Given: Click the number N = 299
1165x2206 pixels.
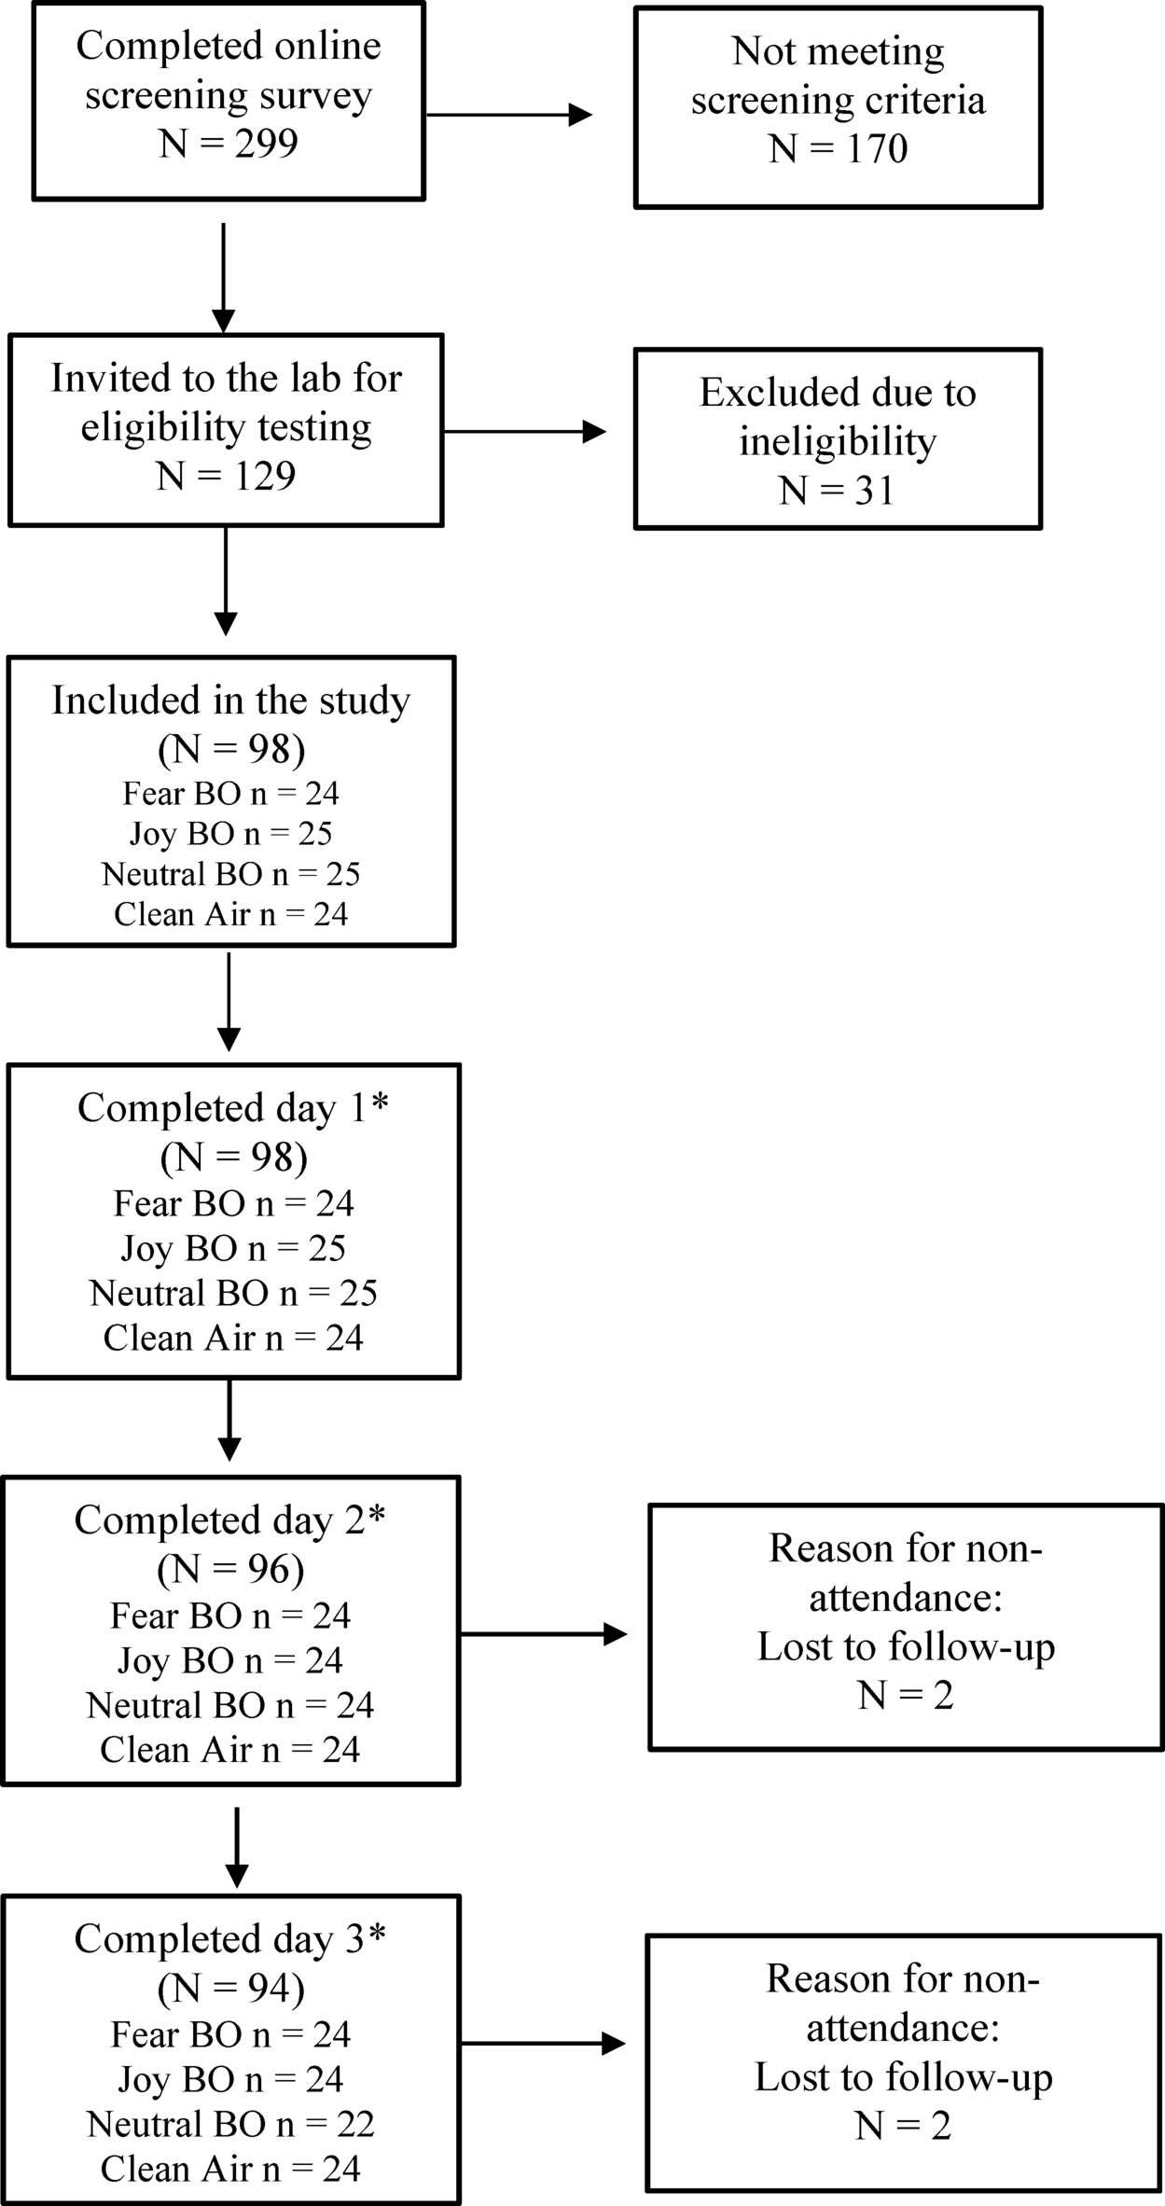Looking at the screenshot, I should pos(229,144).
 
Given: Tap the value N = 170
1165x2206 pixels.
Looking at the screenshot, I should pos(838,148).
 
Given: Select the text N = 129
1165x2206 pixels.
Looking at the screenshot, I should pos(226,476).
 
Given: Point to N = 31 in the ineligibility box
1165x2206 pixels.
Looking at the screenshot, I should pos(837,490).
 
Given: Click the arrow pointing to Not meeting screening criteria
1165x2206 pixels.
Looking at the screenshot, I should pos(508,115).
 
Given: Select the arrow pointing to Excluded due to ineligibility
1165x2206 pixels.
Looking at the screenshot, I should pos(524,431).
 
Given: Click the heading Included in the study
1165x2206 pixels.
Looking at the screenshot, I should pos(230,701).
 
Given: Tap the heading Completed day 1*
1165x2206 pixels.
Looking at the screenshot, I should pos(233,1108).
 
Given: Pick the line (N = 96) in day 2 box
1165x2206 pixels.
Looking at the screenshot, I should pos(230,1570).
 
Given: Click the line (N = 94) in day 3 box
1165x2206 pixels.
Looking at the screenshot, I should pos(230,1989).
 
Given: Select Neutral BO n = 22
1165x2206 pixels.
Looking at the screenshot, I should pos(230,2124).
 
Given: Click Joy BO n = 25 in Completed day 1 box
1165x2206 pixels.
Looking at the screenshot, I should pos(233,1248).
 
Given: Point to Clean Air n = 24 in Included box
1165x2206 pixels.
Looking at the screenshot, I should pos(230,914).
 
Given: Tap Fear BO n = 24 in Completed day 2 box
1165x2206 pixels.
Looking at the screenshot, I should pos(230,1616).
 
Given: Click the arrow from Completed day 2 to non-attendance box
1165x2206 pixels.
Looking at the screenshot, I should pos(543,1633).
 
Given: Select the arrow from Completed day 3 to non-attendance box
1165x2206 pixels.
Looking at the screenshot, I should pos(543,2044).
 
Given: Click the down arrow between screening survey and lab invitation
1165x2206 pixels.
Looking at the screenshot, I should pos(224,277).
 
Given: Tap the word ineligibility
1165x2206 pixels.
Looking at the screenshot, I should pos(837,441).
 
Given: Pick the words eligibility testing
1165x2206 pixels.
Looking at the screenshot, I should pos(226,427).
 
